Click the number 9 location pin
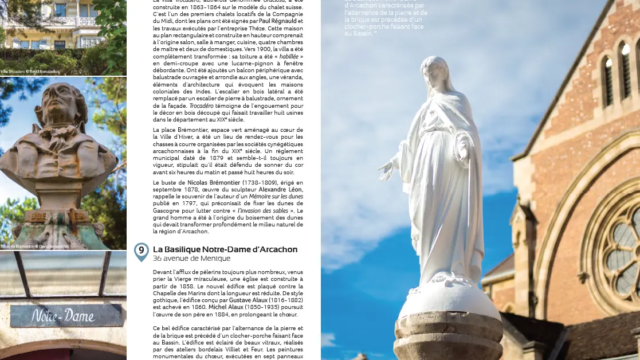point(141,252)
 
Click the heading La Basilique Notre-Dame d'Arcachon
point(225,249)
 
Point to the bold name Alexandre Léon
point(281,189)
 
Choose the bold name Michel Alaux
point(226,307)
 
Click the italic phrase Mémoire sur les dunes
point(276,196)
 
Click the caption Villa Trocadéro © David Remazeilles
point(29,72)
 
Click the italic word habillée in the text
point(291,58)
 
